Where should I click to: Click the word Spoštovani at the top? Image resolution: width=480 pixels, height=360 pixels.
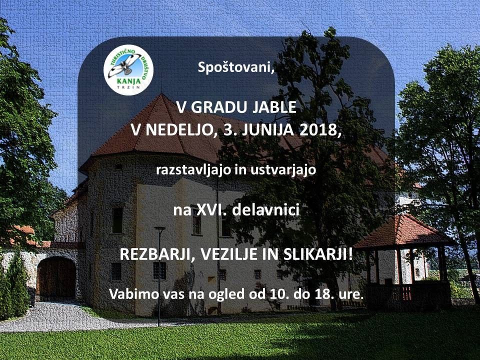point(235,68)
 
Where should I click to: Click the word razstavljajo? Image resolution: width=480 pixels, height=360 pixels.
point(193,170)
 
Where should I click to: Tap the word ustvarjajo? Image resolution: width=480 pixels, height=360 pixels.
point(283,170)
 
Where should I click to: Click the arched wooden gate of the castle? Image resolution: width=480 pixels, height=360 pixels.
point(56,278)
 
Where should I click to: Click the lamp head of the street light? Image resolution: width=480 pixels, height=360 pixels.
point(160,228)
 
